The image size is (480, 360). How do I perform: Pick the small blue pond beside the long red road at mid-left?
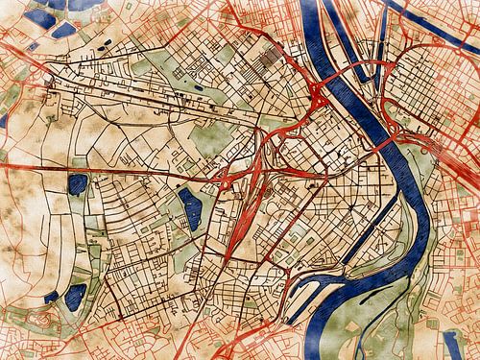(77, 182)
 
